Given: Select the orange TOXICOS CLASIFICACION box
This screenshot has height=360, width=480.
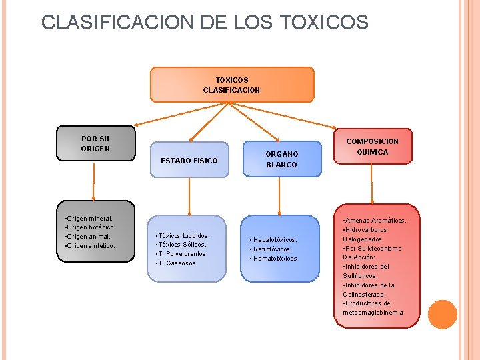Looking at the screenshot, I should click(231, 85).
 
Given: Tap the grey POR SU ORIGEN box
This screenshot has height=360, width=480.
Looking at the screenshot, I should click(95, 143).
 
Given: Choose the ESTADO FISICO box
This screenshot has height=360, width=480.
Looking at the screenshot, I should click(189, 161).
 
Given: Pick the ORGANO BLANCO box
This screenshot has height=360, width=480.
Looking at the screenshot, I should click(281, 159).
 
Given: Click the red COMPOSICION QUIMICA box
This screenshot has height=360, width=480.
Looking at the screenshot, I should click(372, 147).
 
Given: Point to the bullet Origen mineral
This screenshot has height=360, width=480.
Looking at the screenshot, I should click(90, 218).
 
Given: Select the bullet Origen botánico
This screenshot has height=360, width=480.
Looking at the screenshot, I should click(92, 227).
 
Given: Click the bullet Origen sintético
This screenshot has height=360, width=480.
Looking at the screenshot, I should click(91, 246).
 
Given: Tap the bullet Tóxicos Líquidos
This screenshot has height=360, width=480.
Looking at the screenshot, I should click(182, 235).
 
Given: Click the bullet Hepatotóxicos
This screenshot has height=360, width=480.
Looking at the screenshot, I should click(274, 239).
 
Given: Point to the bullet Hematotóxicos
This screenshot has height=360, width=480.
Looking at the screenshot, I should click(274, 258).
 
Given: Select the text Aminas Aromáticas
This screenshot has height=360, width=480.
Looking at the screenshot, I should click(375, 221).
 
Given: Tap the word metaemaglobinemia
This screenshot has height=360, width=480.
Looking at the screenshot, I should click(373, 313).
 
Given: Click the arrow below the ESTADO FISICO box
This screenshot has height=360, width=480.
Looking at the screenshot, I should click(190, 197).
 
